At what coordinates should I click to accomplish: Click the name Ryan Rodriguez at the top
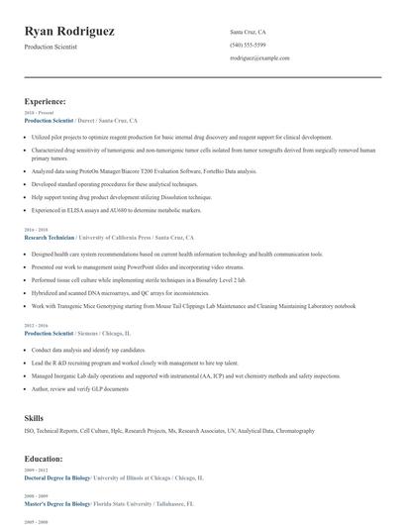[69, 32]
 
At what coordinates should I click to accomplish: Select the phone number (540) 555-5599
[248, 45]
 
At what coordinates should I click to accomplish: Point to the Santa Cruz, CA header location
[248, 32]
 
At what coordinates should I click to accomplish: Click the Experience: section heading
[46, 101]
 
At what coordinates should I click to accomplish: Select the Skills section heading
[35, 418]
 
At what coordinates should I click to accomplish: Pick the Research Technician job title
[51, 238]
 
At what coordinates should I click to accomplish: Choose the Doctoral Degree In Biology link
[57, 477]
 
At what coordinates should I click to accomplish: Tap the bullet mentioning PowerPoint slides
[124, 266]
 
